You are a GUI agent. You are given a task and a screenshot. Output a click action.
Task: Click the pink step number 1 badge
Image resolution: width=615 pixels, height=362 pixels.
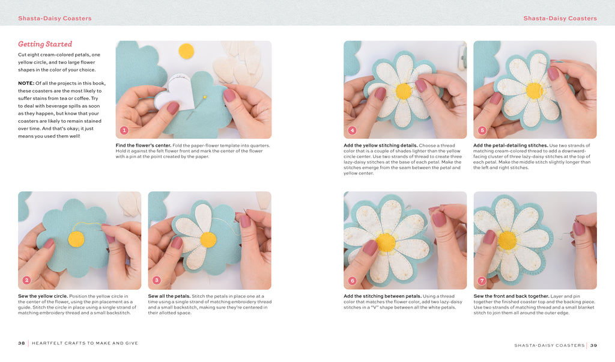click(x=124, y=130)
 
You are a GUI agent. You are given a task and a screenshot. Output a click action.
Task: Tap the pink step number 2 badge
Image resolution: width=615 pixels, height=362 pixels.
click(x=26, y=280)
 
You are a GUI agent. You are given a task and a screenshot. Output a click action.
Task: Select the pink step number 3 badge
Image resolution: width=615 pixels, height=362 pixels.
click(x=157, y=280)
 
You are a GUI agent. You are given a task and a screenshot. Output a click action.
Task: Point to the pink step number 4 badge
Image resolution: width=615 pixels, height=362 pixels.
click(x=352, y=130)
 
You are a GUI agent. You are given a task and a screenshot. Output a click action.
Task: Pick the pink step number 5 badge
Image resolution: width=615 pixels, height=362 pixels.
click(x=482, y=130)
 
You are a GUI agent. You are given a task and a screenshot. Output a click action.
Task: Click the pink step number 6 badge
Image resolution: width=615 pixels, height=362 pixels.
click(x=352, y=280)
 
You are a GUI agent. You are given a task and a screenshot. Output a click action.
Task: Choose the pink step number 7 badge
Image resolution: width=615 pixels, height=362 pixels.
click(x=482, y=280)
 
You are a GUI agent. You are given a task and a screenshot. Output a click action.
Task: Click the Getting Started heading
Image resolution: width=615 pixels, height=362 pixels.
click(x=45, y=44)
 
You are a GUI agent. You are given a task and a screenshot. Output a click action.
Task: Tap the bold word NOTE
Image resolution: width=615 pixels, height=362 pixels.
click(x=26, y=83)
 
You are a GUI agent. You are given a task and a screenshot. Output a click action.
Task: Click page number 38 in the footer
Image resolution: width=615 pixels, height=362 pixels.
click(x=22, y=343)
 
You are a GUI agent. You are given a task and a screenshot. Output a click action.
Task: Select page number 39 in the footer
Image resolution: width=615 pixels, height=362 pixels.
click(x=594, y=346)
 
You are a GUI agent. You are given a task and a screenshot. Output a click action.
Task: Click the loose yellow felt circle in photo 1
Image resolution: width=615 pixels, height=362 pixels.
click(x=186, y=51)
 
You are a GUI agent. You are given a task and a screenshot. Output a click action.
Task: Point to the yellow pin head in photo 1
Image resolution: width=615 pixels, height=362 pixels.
click(x=204, y=97)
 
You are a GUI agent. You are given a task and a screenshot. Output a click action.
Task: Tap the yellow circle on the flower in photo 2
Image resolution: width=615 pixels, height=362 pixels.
click(x=76, y=239)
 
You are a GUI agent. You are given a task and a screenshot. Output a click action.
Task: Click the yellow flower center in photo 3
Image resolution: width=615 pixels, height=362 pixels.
click(x=208, y=239)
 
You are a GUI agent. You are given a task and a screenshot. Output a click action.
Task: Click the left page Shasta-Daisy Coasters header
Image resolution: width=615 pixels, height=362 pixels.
click(x=55, y=18)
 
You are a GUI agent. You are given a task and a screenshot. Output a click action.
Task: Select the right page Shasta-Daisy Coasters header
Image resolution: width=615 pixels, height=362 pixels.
click(x=560, y=18)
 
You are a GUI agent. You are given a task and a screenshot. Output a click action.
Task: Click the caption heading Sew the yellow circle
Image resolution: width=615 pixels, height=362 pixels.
click(x=43, y=296)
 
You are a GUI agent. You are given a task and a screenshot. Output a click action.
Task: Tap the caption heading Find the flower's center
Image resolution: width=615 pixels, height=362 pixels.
click(x=143, y=146)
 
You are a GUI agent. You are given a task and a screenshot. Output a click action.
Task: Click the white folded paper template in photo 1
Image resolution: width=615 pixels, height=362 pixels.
click(x=176, y=92)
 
